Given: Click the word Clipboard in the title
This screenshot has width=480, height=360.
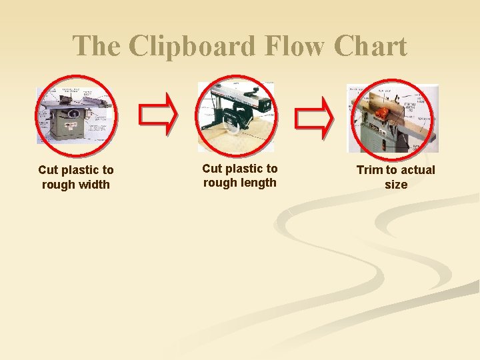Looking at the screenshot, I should coord(192,47).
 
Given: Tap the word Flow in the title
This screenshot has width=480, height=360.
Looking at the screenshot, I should coord(298,47).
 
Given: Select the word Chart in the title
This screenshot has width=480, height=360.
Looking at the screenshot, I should coord(371,47).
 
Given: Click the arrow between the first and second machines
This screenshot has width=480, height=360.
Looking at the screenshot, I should coord(158,115).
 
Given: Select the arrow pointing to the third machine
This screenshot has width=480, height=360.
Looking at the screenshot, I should coord(314,115).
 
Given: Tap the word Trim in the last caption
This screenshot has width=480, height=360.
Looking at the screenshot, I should coord(369,170).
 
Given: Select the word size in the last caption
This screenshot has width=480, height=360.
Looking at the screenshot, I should coord(395,185).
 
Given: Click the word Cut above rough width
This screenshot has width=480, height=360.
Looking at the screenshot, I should coord(48,170).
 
